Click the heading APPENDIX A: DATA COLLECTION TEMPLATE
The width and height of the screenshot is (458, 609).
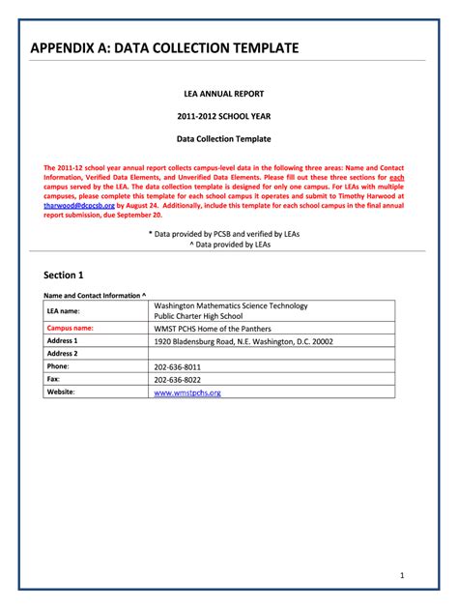164,48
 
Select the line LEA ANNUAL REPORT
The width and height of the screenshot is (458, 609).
230,94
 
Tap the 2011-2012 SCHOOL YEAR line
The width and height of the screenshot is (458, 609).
230,116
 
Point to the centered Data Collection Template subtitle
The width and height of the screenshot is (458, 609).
230,139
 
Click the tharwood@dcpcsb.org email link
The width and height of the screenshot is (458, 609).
79,205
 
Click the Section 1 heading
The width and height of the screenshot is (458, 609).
65,275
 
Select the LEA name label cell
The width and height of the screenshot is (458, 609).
64,311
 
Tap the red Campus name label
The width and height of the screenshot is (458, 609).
70,329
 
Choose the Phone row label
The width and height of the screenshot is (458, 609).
58,367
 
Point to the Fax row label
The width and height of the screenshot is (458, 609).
53,380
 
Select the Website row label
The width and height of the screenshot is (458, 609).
61,392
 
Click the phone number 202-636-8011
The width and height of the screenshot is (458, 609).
178,367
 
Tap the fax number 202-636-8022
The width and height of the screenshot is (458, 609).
178,380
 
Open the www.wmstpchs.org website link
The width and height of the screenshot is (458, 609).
187,392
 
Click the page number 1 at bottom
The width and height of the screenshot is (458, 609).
401,575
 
